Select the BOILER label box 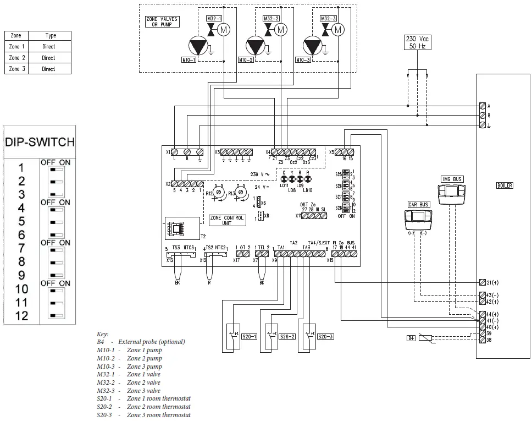(x=504, y=185)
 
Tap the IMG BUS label (x=451, y=179)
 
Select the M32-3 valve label (x=328, y=19)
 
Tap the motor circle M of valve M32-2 (x=281, y=29)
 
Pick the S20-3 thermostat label (x=325, y=336)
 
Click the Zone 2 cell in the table (x=17, y=58)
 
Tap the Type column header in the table (x=51, y=36)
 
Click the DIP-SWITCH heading (x=40, y=141)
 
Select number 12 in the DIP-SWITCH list (x=22, y=316)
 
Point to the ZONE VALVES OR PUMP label (x=162, y=22)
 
